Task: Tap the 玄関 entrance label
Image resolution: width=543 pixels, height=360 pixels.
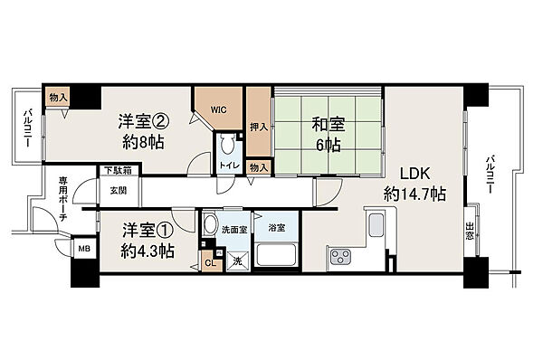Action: coord(119,190)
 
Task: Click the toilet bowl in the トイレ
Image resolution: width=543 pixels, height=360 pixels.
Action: coord(227,145)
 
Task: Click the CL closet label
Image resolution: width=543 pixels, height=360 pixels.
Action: coord(209,263)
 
